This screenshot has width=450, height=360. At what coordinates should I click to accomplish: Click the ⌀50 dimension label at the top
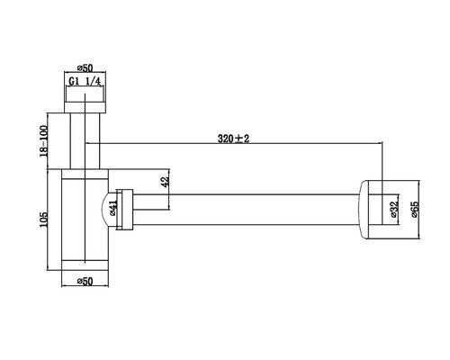(85, 68)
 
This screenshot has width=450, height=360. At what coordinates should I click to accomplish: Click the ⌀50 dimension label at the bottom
(85, 281)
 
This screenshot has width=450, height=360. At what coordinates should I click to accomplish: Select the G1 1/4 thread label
(85, 81)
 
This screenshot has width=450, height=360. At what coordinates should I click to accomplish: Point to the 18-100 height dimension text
(43, 141)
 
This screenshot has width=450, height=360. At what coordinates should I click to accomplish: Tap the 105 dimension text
(43, 220)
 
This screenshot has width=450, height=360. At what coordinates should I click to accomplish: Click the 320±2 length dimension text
(233, 139)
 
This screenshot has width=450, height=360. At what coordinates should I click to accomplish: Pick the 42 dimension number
(166, 182)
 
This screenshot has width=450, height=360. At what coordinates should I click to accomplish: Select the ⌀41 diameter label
(113, 208)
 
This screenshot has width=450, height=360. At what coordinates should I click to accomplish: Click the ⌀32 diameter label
(394, 208)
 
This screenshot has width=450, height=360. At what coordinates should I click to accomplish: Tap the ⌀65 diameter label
(415, 209)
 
